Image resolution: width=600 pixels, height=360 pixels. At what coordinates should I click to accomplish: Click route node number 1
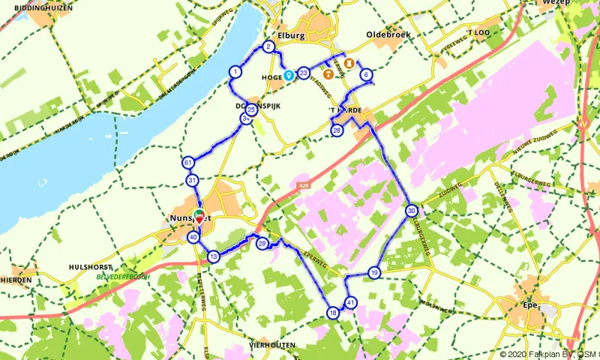coord(235,72)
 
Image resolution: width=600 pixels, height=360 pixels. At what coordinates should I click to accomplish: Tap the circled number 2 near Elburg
coord(268,47)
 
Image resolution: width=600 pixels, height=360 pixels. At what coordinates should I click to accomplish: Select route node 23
coord(303,73)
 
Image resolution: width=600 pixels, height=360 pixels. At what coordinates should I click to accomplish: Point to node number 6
coord(365,75)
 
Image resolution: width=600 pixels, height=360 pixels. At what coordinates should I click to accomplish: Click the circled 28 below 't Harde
coord(337,130)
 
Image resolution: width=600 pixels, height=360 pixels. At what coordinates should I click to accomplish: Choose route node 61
coord(187,163)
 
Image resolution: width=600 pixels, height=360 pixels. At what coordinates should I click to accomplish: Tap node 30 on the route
coord(411,211)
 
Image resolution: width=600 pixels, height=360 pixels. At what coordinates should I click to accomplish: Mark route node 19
coord(374,273)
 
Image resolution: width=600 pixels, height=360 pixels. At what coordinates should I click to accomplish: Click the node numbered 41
coord(351,303)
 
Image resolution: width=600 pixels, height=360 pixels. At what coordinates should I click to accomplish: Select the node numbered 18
coord(333,313)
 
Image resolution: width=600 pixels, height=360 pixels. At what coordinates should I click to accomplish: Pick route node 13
coord(214,257)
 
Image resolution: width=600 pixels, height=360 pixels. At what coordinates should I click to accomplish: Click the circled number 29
coord(262,244)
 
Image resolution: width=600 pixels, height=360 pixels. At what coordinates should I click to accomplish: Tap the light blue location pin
coord(288,76)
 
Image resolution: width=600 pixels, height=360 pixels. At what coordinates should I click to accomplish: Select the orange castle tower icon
coord(349,63)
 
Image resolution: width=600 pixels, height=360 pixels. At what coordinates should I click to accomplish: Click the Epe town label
coord(531,304)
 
